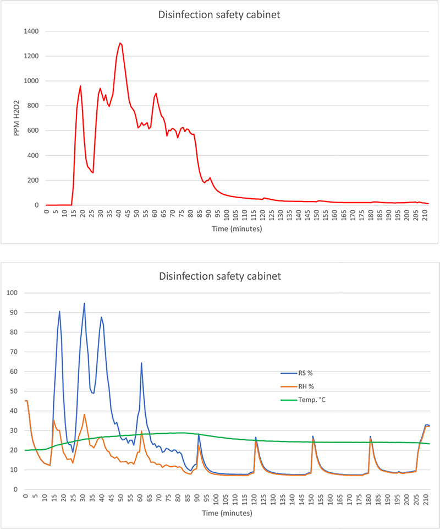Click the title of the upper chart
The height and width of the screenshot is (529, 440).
pyautogui.click(x=219, y=15)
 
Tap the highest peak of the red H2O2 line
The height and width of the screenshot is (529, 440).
pyautogui.click(x=120, y=43)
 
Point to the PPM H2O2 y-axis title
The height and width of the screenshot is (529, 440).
pyautogui.click(x=16, y=118)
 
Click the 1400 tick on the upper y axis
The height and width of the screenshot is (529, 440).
pyautogui.click(x=32, y=31)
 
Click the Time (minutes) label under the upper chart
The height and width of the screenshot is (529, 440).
pyautogui.click(x=238, y=228)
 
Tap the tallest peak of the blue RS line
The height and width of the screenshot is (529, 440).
pyautogui.click(x=84, y=303)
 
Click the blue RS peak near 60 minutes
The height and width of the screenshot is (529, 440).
pyautogui.click(x=141, y=363)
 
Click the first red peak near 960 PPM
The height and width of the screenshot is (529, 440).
pyautogui.click(x=80, y=86)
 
